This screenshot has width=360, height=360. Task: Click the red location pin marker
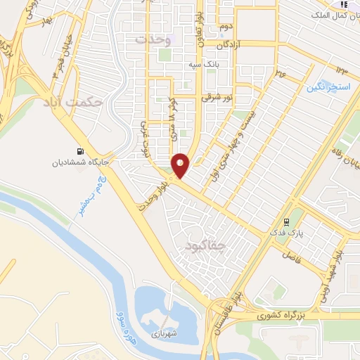point(181,165)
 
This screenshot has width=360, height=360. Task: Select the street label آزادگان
point(233,44)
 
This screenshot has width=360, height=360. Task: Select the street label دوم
point(225,27)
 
